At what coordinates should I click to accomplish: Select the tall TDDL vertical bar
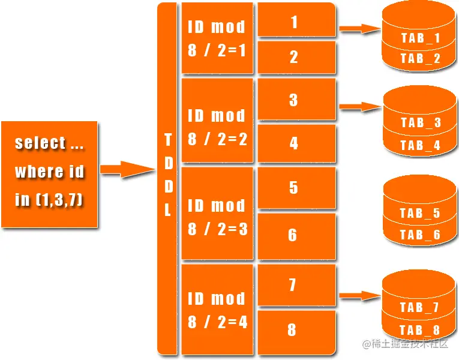coord(167,178)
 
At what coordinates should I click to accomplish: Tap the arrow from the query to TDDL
coord(127,170)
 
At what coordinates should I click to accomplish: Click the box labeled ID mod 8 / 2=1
coord(217,39)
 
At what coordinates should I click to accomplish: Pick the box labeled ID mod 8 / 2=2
coord(217,127)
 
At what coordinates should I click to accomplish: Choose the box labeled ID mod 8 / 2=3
coord(217,217)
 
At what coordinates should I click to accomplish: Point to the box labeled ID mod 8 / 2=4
coord(217,310)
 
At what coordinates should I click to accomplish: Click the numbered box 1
coord(294,23)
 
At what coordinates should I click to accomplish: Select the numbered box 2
coord(294,58)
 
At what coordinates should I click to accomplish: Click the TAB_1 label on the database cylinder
coord(420,38)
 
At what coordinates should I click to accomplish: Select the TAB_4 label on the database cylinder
coord(420,145)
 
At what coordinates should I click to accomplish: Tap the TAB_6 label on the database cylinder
coord(420,235)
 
